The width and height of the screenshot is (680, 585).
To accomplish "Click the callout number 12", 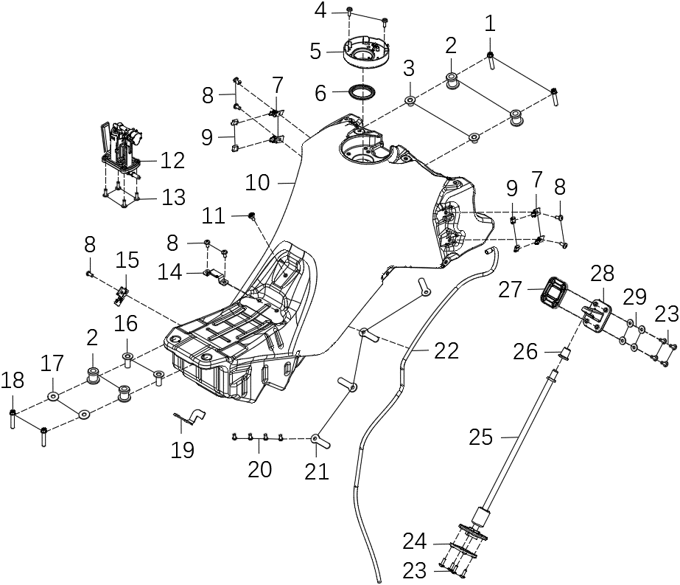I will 172,160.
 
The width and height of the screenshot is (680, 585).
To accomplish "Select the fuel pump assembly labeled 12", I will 121,148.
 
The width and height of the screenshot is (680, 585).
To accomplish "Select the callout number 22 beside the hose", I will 446,350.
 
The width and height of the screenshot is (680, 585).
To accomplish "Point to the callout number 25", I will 482,437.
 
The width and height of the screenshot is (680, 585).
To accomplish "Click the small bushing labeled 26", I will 566,353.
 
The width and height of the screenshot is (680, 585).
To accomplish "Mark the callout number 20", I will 259,468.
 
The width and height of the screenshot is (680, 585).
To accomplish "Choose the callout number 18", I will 13,381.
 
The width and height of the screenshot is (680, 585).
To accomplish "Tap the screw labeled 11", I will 252,215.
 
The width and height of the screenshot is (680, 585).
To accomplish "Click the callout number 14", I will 170,272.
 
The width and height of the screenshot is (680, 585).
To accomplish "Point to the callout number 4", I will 320,11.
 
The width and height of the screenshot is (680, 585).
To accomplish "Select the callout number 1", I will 490,24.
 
